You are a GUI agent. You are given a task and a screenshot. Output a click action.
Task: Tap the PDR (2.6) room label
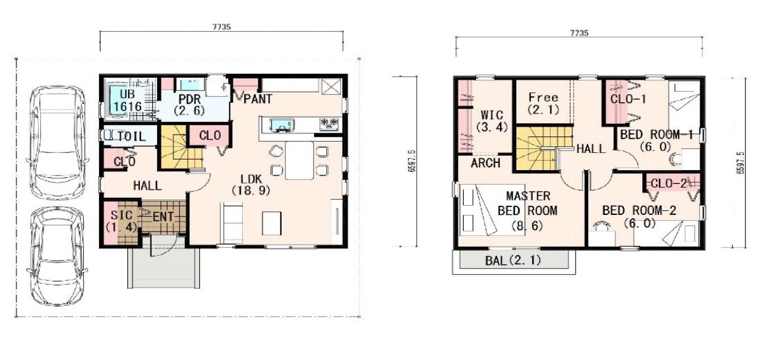click(x=186, y=105)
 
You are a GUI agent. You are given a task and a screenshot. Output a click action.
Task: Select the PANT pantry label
click(x=258, y=100)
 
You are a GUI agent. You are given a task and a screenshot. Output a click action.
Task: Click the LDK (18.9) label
click(x=251, y=185)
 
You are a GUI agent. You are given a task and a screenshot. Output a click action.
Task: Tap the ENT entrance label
click(x=164, y=216)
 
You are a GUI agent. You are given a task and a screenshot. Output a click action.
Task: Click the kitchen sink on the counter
click(x=282, y=125)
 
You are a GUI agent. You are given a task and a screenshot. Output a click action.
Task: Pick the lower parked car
click(x=56, y=256)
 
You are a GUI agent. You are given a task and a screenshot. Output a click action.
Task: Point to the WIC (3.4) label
click(x=491, y=121)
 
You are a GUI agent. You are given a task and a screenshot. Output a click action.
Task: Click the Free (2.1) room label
click(x=543, y=104)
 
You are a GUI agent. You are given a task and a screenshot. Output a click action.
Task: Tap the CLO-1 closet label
click(x=628, y=100)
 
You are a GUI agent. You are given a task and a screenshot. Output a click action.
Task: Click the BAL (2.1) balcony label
click(x=513, y=260)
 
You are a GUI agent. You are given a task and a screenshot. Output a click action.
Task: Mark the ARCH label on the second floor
click(x=485, y=163)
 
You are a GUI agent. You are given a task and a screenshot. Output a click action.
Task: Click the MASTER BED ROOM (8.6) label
click(x=528, y=211)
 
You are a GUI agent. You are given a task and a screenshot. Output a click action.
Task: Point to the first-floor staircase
click(x=181, y=147)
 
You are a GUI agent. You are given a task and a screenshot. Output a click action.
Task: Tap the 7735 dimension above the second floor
click(x=578, y=33)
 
